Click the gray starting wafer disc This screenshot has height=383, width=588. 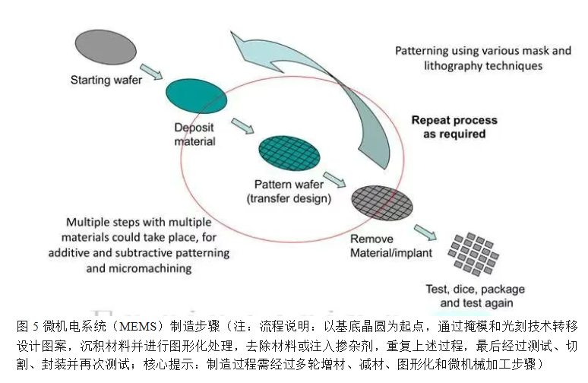96,47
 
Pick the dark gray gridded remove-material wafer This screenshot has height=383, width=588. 381,202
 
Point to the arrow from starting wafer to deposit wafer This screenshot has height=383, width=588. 151,71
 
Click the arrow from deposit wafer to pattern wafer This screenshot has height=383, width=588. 243,124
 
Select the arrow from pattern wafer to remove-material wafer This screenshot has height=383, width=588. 335,179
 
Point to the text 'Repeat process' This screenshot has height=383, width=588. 454,120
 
